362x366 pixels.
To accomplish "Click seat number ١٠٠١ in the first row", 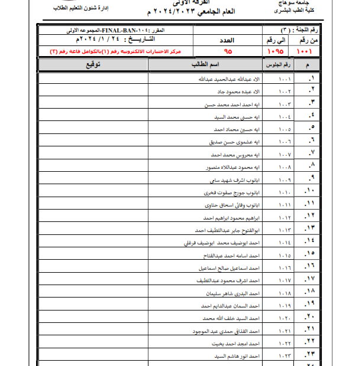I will click(285, 79).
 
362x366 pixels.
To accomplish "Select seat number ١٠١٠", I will click(285, 192).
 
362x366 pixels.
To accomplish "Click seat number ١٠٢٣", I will click(285, 356).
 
